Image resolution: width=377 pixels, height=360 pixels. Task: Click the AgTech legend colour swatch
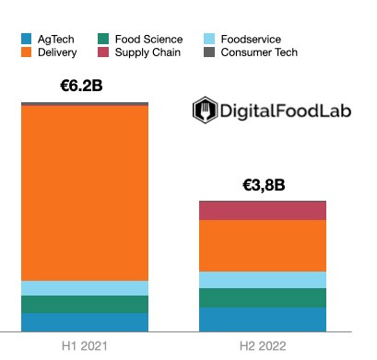tap(27, 40)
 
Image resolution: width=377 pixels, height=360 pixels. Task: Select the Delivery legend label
tap(58, 52)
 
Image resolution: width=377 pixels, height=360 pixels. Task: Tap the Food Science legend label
tap(148, 40)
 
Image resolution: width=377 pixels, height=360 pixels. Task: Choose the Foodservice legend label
tap(243, 40)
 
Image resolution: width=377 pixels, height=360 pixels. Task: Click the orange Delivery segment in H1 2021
tap(85, 192)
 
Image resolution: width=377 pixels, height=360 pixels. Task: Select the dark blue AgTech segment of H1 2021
tap(85, 321)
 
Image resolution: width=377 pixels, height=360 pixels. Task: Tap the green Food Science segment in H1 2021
tap(85, 304)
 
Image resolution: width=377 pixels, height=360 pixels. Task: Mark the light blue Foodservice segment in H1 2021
tap(85, 288)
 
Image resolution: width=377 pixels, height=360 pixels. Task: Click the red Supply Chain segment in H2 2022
tap(263, 211)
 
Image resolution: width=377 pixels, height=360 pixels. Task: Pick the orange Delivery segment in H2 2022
tap(263, 246)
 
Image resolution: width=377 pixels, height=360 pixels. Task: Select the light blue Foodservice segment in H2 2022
tap(263, 280)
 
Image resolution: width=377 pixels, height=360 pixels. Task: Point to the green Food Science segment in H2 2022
tap(263, 297)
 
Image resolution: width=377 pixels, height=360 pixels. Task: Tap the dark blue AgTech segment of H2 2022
tap(263, 319)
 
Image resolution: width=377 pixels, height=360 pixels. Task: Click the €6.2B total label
tap(84, 87)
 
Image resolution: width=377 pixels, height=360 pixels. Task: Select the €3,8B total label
tap(263, 185)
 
